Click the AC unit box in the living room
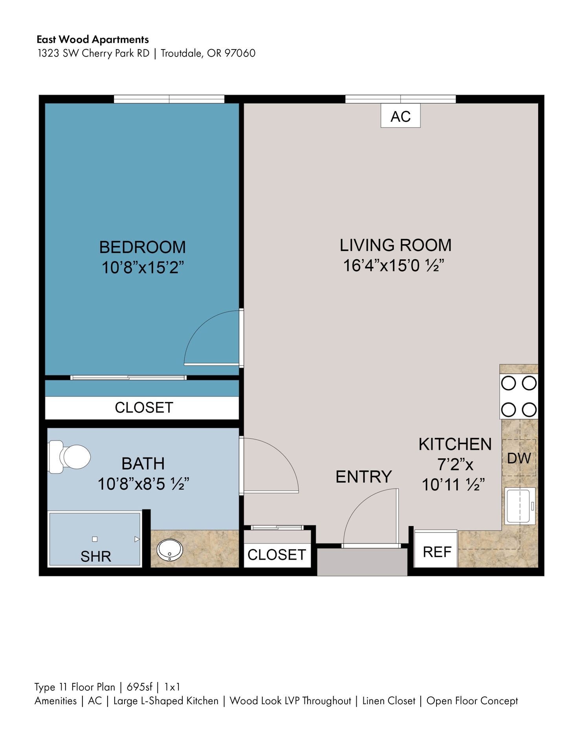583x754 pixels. pyautogui.click(x=400, y=116)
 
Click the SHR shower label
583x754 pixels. pyautogui.click(x=95, y=556)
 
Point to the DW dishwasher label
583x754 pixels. pyautogui.click(x=519, y=458)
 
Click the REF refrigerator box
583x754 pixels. pyautogui.click(x=436, y=552)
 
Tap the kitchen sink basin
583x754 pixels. pyautogui.click(x=519, y=506)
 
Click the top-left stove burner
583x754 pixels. pyautogui.click(x=508, y=383)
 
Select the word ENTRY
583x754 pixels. pyautogui.click(x=363, y=477)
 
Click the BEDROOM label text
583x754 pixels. pyautogui.click(x=142, y=247)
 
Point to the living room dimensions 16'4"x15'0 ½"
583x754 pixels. pyautogui.click(x=394, y=265)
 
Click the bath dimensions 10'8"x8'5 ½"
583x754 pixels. pyautogui.click(x=143, y=484)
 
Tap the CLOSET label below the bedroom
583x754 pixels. pyautogui.click(x=144, y=408)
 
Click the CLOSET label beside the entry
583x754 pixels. pyautogui.click(x=277, y=555)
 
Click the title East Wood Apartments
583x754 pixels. pyautogui.click(x=93, y=39)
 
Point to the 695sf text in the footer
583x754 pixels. pyautogui.click(x=139, y=687)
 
